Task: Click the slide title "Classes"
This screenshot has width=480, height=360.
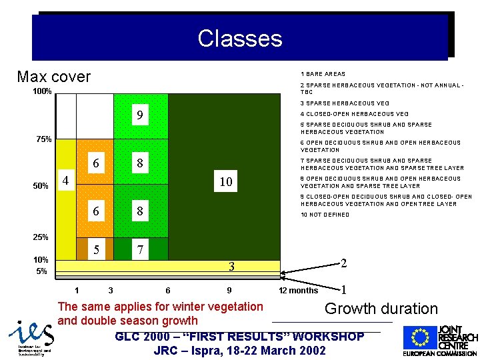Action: (x=239, y=38)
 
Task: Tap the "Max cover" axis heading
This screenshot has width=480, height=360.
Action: (x=53, y=77)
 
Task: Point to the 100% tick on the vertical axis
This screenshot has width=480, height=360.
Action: (x=43, y=91)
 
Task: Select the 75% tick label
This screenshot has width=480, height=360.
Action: (x=43, y=139)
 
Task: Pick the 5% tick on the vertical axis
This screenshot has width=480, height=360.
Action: (x=41, y=271)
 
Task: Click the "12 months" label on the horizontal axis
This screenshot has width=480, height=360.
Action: (x=298, y=291)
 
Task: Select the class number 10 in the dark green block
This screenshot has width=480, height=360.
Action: (x=226, y=181)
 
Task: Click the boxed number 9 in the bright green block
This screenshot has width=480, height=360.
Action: (x=139, y=117)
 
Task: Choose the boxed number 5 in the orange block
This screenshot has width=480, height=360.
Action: (x=96, y=251)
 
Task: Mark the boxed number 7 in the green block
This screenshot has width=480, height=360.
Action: (x=139, y=251)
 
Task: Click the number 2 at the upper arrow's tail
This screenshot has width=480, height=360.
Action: (x=343, y=263)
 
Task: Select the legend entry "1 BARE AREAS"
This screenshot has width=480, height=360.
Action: (x=323, y=74)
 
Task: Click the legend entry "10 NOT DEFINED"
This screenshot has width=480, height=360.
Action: (x=325, y=215)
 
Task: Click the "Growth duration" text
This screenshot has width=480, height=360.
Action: (x=381, y=309)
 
